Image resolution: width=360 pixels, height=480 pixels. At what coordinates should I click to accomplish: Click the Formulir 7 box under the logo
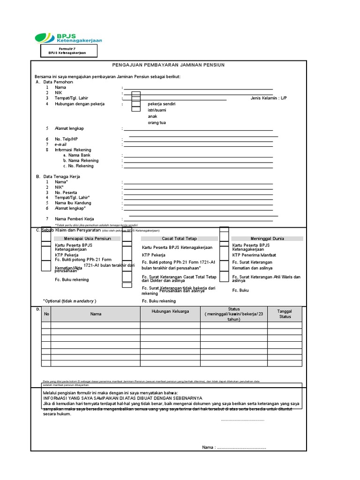70,51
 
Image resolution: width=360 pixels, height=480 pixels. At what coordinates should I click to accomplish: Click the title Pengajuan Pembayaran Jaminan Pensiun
169,65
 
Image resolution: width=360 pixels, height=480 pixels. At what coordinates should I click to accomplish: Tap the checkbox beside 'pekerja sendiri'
136,104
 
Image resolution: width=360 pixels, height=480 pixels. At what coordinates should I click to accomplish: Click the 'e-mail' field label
61,145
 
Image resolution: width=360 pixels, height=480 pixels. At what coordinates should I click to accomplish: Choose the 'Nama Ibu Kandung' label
73,203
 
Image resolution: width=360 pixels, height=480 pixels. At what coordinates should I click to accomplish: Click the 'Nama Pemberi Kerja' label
75,219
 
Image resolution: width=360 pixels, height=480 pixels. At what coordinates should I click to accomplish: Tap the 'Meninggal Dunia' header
267,239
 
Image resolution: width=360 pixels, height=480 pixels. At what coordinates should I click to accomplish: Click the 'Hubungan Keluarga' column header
170,311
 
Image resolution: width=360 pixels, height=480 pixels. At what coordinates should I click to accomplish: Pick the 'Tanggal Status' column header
285,314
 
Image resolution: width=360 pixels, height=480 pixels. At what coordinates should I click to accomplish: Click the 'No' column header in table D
46,314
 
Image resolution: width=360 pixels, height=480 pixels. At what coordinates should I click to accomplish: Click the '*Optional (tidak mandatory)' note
72,300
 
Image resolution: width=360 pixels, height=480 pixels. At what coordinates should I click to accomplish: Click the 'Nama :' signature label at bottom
209,447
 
